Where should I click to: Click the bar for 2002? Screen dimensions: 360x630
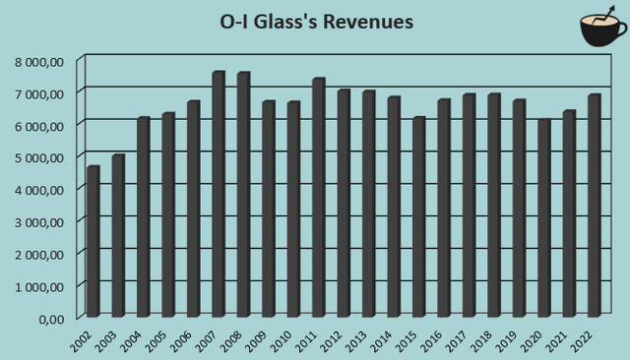point(94,241)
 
